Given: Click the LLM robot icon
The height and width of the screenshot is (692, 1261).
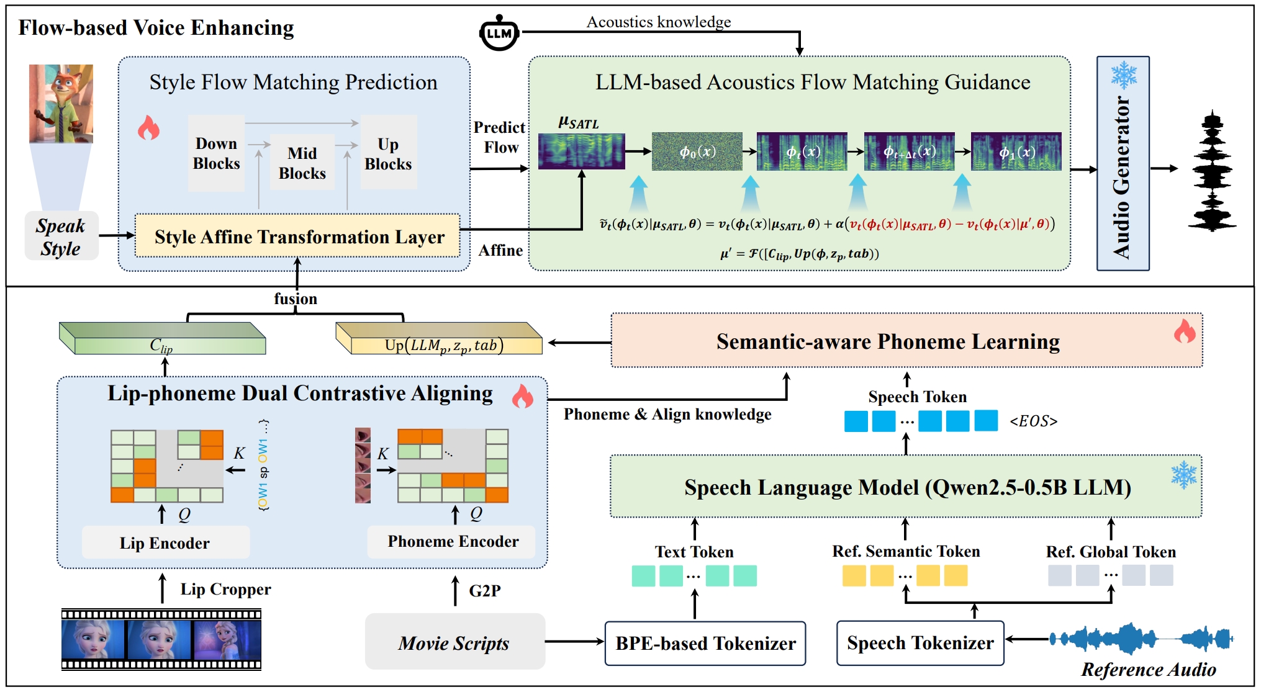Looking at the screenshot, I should pyautogui.click(x=499, y=33).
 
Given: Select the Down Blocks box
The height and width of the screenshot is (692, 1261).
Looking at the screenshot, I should pyautogui.click(x=216, y=153).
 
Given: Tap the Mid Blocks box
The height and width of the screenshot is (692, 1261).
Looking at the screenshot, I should pyautogui.click(x=302, y=163).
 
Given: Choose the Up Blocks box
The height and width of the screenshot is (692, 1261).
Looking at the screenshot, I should pyautogui.click(x=388, y=153).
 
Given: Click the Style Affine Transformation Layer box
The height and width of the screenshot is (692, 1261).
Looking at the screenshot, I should pyautogui.click(x=298, y=236).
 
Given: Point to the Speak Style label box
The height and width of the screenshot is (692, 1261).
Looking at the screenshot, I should pyautogui.click(x=61, y=236).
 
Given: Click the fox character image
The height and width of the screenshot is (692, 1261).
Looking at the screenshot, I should pyautogui.click(x=61, y=104).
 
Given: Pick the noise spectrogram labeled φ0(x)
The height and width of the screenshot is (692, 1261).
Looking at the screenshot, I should pyautogui.click(x=697, y=151).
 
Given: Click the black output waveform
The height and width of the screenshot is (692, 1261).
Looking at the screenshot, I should pyautogui.click(x=1212, y=171).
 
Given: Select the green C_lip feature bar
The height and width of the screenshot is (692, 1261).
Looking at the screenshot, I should pyautogui.click(x=163, y=339).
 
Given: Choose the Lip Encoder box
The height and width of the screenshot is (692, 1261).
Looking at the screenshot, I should pyautogui.click(x=165, y=542).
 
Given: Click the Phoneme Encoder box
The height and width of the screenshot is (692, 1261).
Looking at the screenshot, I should pyautogui.click(x=453, y=541).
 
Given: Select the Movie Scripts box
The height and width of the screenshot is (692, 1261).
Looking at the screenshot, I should pyautogui.click(x=454, y=642).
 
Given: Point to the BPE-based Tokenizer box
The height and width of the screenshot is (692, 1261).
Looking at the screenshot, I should pyautogui.click(x=705, y=643).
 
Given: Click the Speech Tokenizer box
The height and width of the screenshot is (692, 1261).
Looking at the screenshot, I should pyautogui.click(x=920, y=643).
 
